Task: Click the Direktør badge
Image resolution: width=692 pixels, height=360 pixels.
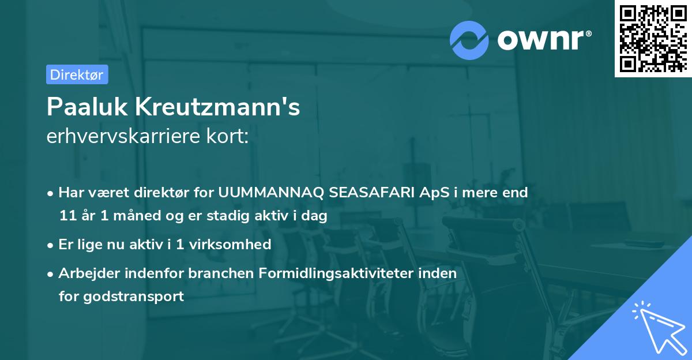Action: (x=77, y=74)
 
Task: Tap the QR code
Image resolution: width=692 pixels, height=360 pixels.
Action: (x=653, y=39)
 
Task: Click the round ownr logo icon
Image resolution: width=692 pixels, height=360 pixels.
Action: (x=469, y=40)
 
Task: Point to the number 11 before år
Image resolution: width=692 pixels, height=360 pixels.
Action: (x=67, y=216)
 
